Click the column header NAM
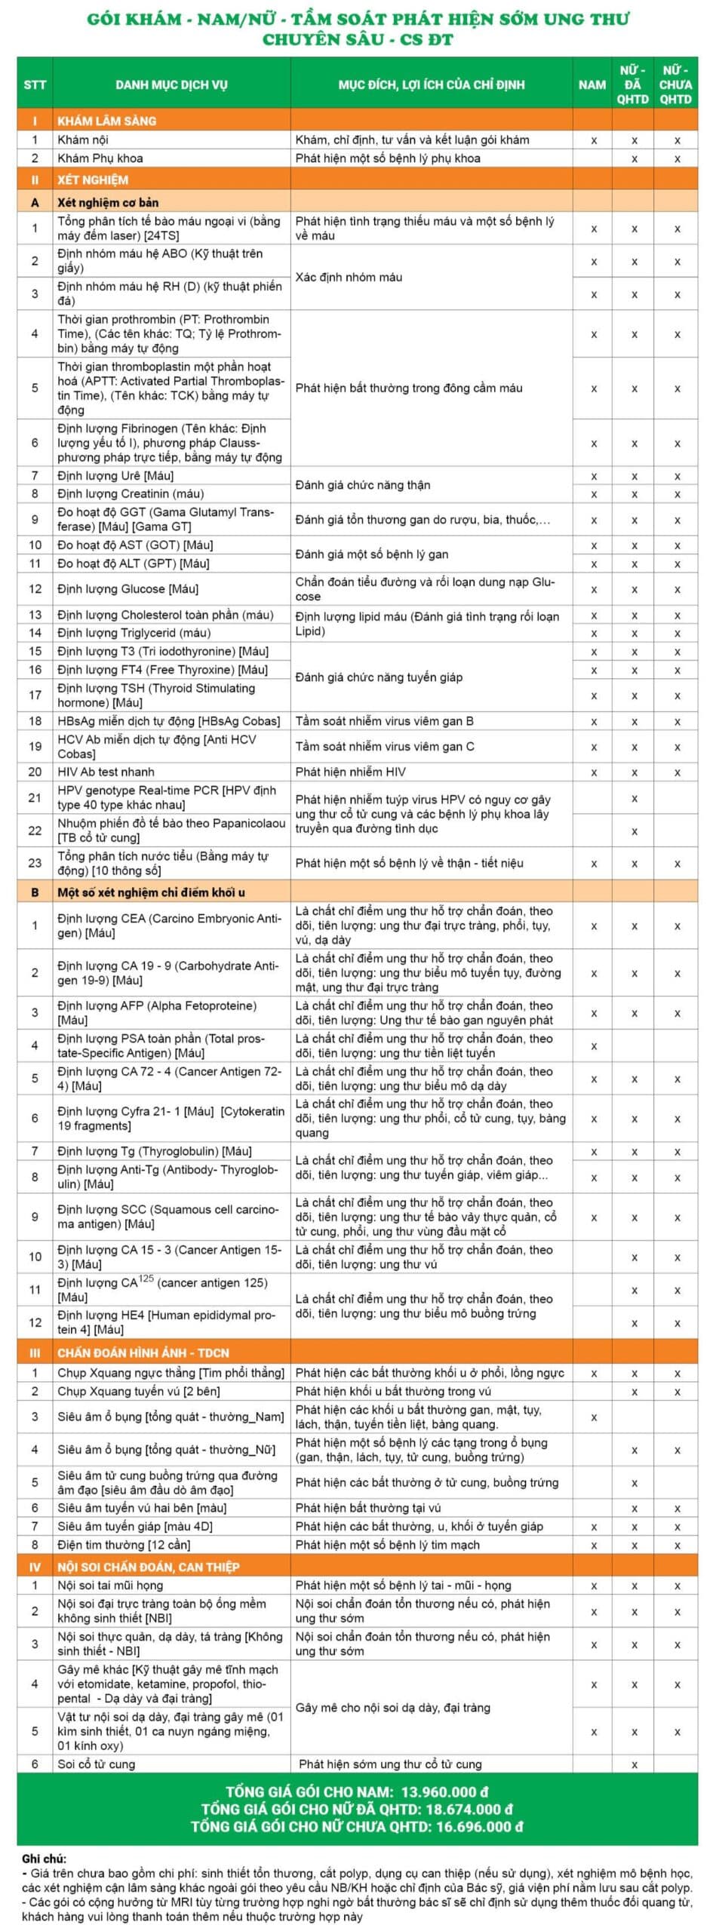coord(592,84)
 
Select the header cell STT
coord(35,84)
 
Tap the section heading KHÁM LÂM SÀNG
coord(107,121)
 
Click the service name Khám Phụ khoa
coord(100,158)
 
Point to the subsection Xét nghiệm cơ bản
coord(108,202)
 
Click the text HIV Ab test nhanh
coord(106,772)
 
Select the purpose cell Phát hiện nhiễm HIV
coord(350,772)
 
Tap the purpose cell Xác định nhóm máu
coord(349,277)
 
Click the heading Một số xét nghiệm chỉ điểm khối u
coord(151,892)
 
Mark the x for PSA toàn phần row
coord(594,1046)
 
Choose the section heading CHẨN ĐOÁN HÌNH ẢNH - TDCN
coord(143,1352)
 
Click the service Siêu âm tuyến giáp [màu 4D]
coord(135,1526)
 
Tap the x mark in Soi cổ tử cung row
coord(635,1764)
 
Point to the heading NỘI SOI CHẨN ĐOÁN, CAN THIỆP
coord(149,1567)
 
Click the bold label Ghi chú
coord(44,1859)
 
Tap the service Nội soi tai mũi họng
coord(110,1585)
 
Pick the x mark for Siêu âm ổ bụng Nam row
coord(594,1417)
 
